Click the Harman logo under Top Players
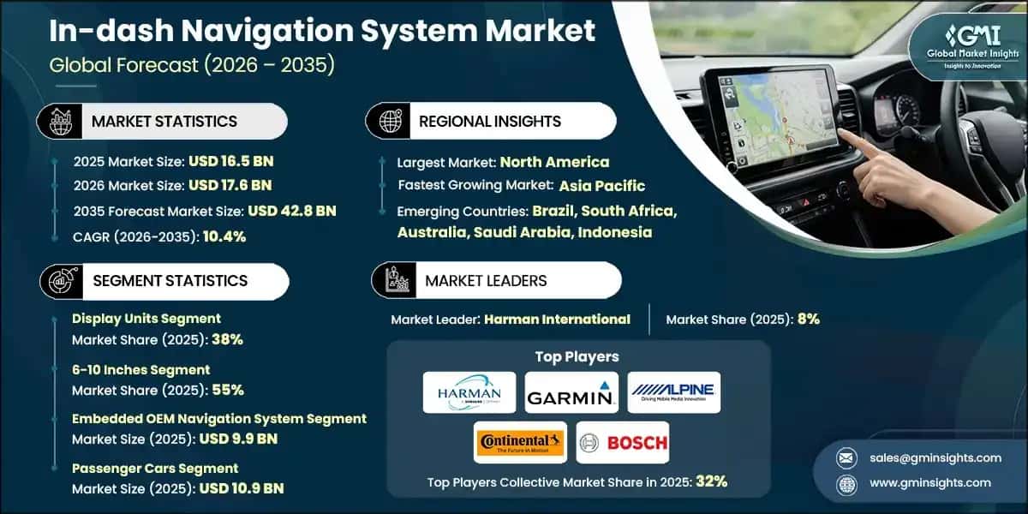coord(469,392)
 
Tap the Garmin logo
coord(571,392)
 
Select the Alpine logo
coord(673,392)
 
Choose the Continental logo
coord(520,442)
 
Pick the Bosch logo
coord(622,442)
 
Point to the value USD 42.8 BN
coord(292,211)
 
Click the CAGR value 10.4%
coord(224,236)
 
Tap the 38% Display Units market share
coord(227,339)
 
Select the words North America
coord(554,162)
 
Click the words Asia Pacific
coord(602,186)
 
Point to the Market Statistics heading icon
coord(59,122)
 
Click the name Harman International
coord(557,320)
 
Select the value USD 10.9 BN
coord(242,489)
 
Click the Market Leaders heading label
coord(486,280)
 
